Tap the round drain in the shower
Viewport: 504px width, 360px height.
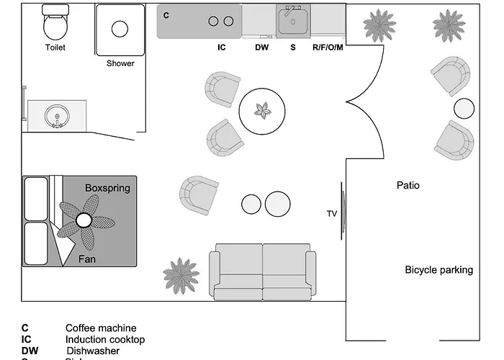pyautogui.click(x=120, y=29)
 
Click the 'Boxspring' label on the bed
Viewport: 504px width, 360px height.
pyautogui.click(x=107, y=188)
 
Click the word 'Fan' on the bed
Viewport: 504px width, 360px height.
pyautogui.click(x=88, y=258)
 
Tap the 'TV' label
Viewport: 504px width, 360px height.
pyautogui.click(x=332, y=213)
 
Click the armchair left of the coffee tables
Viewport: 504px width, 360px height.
pyautogui.click(x=199, y=194)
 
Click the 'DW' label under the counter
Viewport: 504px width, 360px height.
pyautogui.click(x=261, y=48)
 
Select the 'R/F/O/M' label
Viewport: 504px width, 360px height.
pyautogui.click(x=328, y=48)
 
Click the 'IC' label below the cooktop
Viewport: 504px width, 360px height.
pyautogui.click(x=222, y=48)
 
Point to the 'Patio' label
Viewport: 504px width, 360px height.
pyautogui.click(x=408, y=185)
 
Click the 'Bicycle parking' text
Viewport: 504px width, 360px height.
pyautogui.click(x=438, y=270)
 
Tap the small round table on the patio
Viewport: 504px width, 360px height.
pyautogui.click(x=464, y=109)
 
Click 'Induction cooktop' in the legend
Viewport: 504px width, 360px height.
pyautogui.click(x=104, y=339)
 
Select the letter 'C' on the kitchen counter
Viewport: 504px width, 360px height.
pyautogui.click(x=166, y=14)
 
